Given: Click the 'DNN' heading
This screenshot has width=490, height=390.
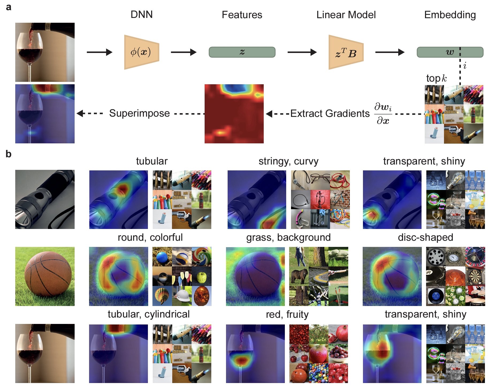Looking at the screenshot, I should tap(141, 14).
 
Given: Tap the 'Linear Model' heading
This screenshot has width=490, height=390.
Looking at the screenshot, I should tap(346, 15).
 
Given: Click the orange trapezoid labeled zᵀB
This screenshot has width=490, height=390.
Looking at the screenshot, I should tap(346, 52).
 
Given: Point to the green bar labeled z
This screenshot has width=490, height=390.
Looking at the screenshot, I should tap(242, 52).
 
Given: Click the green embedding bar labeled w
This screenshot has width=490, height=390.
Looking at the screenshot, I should tap(450, 52).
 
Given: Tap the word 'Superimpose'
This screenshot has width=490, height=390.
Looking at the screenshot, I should tap(139, 113).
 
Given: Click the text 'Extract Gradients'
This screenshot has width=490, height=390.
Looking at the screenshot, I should tap(330, 113).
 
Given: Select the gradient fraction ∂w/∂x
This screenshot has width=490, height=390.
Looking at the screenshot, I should tap(383, 114).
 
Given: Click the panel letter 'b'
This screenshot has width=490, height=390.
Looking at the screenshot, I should tap(9, 154).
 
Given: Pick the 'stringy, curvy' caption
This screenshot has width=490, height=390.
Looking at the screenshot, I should tap(288, 161).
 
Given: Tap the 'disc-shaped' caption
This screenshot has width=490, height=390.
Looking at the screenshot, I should tap(425, 237).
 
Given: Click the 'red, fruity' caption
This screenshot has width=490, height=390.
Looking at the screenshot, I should tap(287, 314).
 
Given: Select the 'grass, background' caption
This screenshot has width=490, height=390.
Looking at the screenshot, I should tap(288, 237).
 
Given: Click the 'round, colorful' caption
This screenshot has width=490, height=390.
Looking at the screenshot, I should tap(150, 237).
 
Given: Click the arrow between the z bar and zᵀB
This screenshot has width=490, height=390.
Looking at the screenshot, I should tap(302, 52).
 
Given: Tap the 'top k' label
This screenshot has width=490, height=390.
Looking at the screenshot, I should tap(436, 78).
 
